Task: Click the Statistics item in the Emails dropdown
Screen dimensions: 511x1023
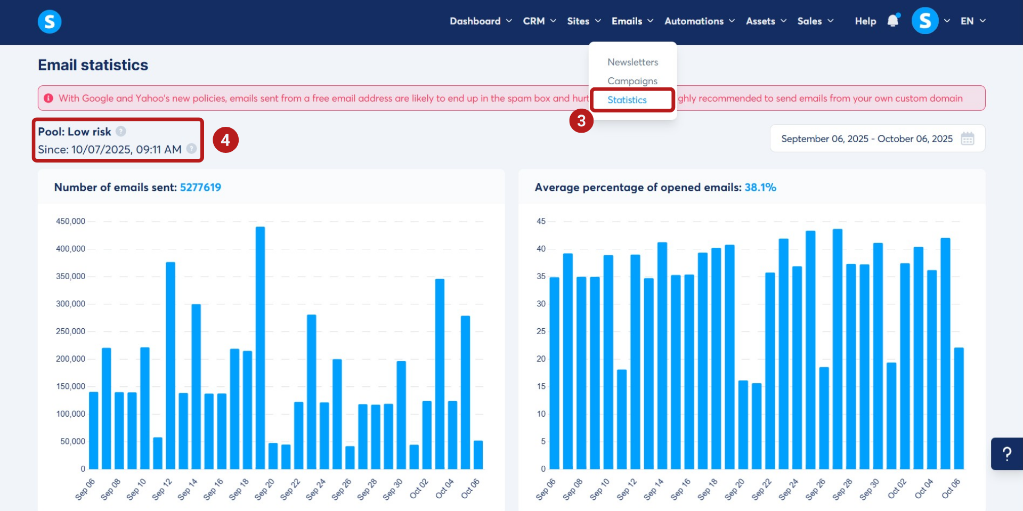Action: (627, 100)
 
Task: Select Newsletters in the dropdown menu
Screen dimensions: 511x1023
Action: (632, 62)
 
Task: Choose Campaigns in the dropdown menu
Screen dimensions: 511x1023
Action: (632, 81)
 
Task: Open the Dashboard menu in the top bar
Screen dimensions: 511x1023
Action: (480, 21)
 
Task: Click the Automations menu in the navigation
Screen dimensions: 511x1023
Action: (699, 21)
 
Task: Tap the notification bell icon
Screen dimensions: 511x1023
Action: (893, 21)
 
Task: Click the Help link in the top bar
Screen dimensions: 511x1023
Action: (865, 21)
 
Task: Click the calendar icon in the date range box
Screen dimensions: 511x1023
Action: (967, 139)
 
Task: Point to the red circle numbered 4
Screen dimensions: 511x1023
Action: (225, 140)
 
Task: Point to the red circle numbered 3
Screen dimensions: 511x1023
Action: (581, 120)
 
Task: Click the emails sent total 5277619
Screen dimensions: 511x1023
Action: (200, 187)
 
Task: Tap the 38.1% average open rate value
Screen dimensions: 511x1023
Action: (760, 187)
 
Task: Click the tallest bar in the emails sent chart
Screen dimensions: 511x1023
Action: (260, 346)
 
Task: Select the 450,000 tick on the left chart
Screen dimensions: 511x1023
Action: (70, 221)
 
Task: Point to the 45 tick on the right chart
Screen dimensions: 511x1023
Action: (541, 221)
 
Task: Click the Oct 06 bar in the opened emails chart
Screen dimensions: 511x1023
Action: (959, 408)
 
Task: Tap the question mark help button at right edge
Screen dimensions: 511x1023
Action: (1006, 453)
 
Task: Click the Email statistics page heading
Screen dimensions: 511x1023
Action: (93, 65)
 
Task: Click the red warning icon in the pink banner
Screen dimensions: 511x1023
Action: (48, 98)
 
